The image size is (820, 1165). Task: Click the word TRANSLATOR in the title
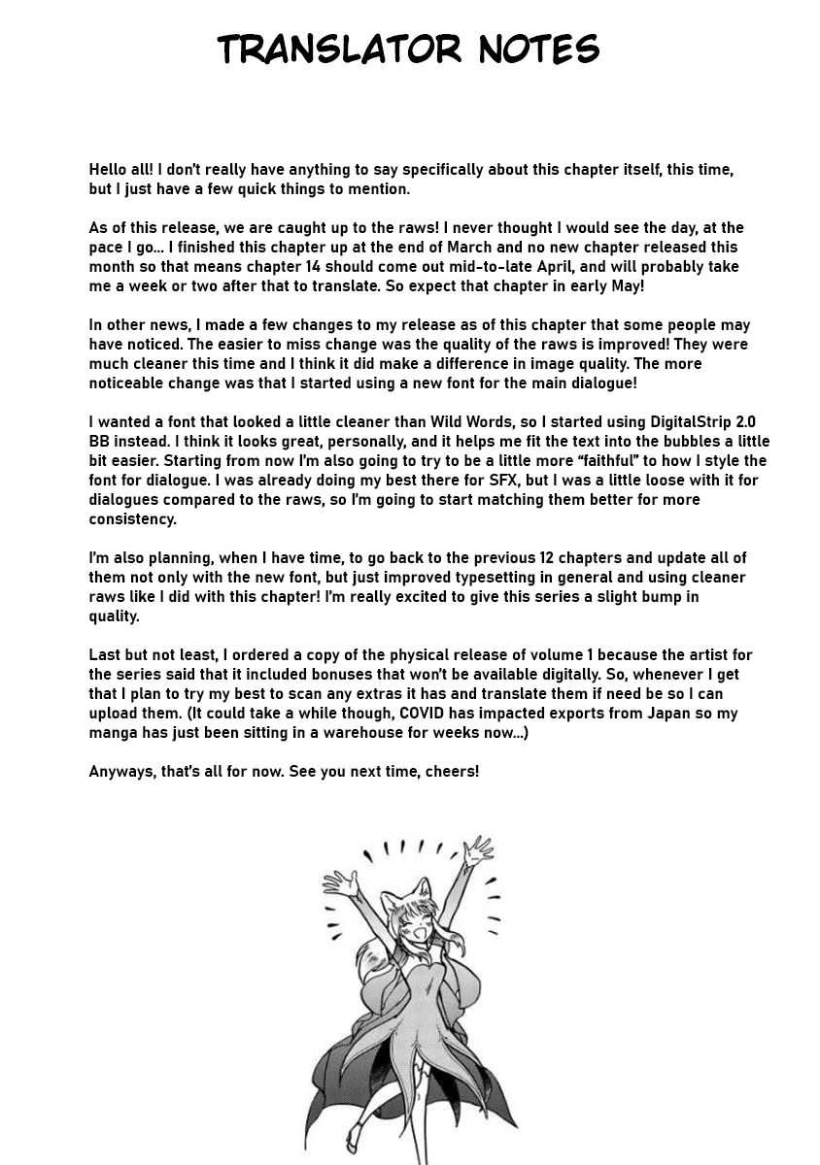(325, 50)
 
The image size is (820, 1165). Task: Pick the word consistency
(132, 519)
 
